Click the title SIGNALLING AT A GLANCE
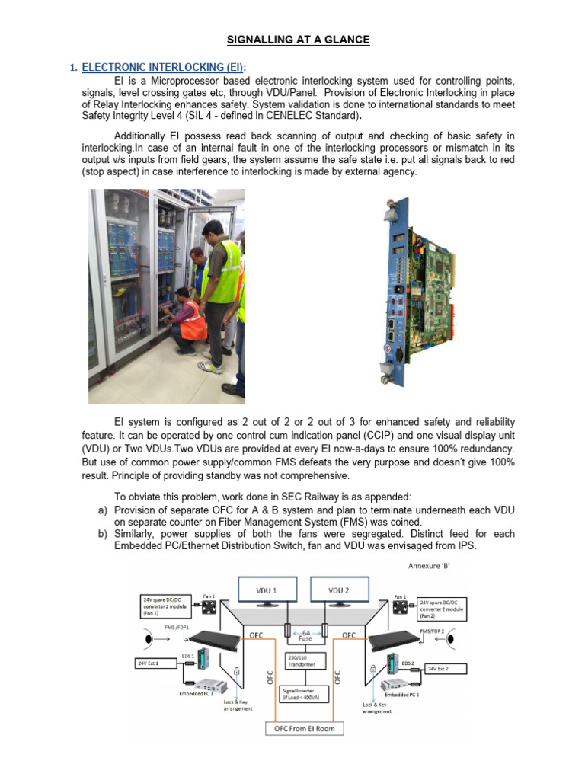click(x=300, y=40)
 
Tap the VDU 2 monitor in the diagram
click(x=338, y=592)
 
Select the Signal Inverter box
click(x=303, y=692)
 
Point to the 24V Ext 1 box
click(x=153, y=663)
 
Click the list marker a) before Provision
click(x=102, y=509)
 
